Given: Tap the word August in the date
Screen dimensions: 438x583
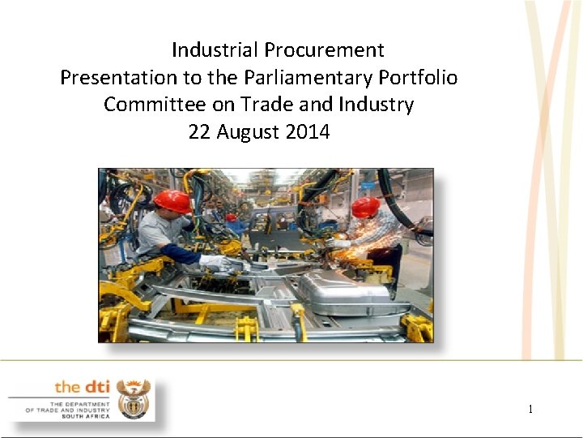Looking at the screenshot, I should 248,131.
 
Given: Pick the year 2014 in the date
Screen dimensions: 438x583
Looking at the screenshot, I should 308,131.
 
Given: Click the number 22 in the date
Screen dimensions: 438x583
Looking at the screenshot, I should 199,131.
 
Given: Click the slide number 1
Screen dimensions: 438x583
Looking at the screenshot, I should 530,409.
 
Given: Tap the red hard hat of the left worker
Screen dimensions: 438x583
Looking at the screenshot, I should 172,200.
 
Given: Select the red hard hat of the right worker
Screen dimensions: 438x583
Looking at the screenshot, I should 365,207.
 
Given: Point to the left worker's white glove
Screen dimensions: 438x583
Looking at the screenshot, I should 215,261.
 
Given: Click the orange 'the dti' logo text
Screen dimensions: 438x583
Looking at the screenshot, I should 83,387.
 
